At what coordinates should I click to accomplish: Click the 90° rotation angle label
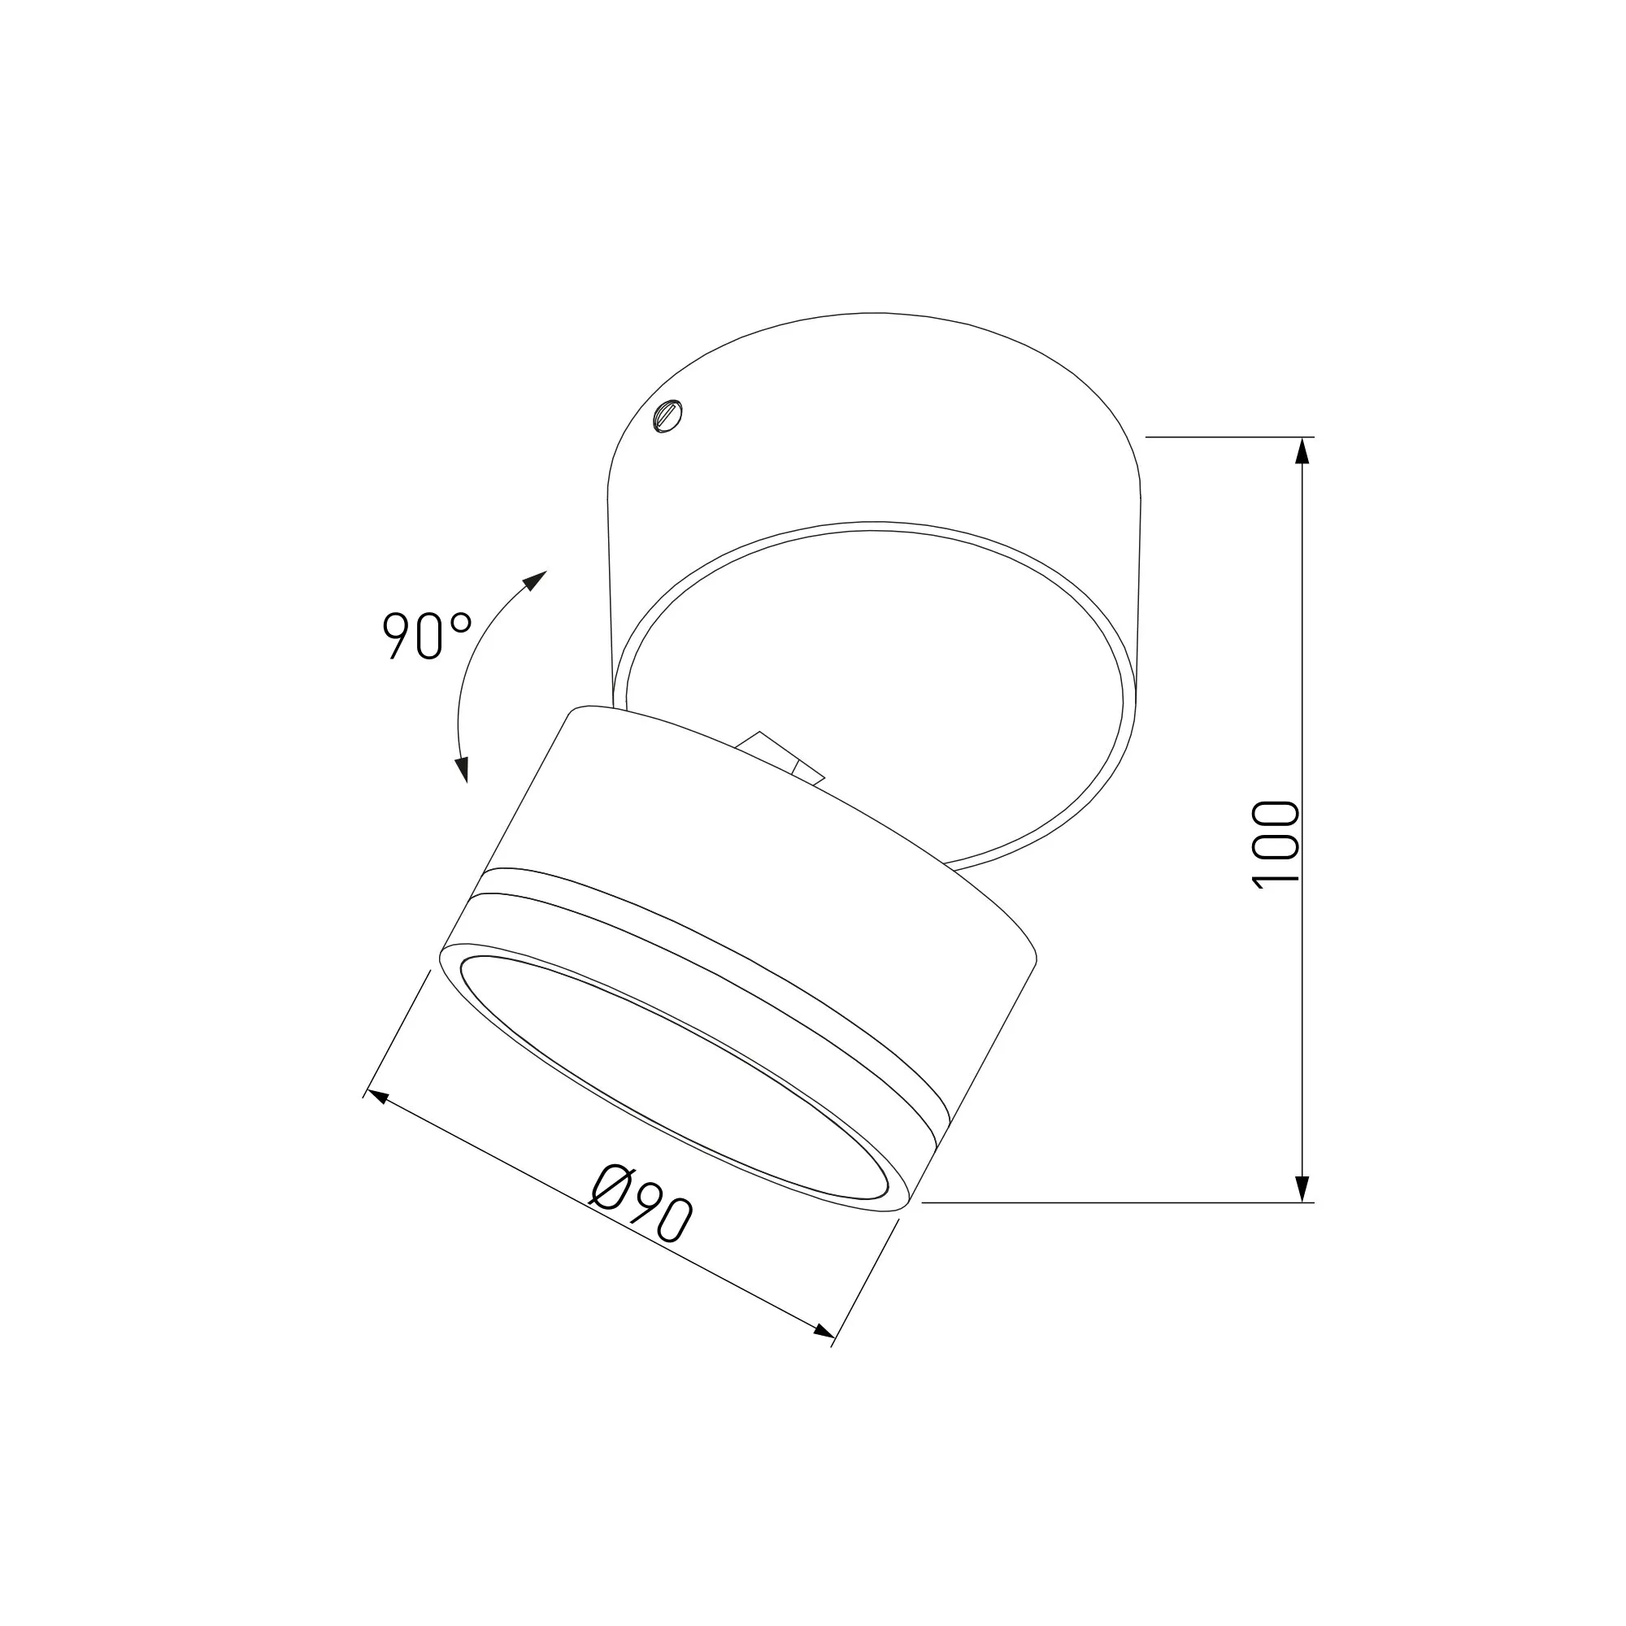click(x=427, y=635)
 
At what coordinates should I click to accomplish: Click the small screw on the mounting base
click(x=668, y=416)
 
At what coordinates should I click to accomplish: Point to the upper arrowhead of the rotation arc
click(x=533, y=580)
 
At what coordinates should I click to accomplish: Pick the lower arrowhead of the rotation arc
click(x=461, y=769)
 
